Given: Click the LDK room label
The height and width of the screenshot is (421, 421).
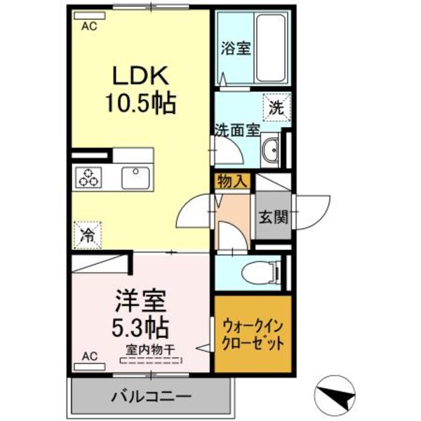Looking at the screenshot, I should coord(140,75).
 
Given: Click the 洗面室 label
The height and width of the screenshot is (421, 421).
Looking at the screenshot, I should coord(237,130).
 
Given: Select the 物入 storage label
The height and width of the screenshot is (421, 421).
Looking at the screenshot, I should coord(232,182).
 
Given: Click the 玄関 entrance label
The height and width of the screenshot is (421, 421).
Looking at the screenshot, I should coord(272,217).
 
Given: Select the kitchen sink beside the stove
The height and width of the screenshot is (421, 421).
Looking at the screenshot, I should coord(133,177).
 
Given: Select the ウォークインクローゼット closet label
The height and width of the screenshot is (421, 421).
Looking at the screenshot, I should coord(253,335).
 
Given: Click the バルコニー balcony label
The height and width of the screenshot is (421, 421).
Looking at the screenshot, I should coord(151,397).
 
